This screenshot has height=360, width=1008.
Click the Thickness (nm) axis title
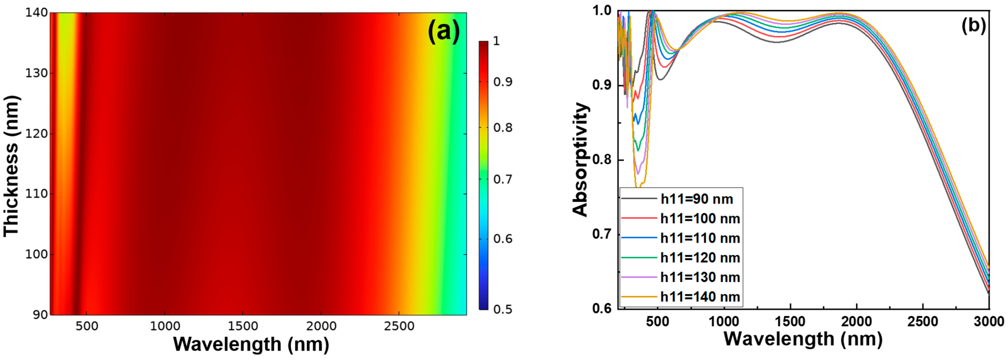click(11, 166)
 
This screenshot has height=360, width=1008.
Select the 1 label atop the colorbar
click(496, 41)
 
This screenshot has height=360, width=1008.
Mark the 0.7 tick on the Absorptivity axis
click(602, 235)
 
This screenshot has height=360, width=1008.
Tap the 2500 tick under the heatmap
click(399, 326)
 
